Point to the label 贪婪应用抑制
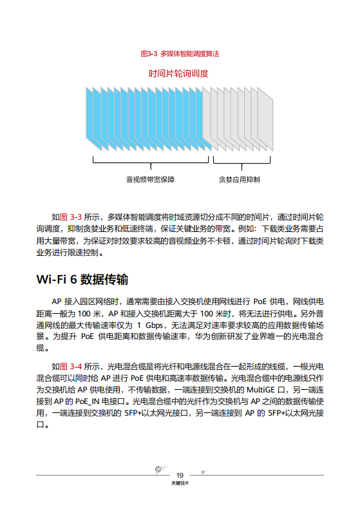pos(240,179)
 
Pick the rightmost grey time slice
pos(270,120)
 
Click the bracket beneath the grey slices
pos(240,162)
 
